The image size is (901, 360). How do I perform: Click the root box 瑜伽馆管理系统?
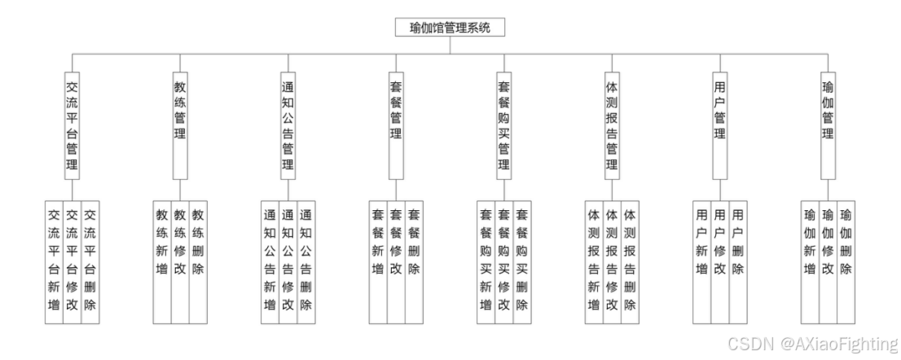pos(450,28)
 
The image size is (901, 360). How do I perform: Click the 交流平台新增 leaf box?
pos(55,261)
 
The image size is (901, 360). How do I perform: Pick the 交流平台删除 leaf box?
pos(90,261)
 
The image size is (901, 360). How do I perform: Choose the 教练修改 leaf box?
pos(180,261)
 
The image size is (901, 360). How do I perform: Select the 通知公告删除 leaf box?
pos(306,261)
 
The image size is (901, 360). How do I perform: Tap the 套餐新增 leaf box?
pos(378,261)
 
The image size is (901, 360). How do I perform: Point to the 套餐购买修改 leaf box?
pos(504,261)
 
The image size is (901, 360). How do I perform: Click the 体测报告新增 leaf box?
pos(594,261)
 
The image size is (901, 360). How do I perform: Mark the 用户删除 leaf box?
pos(738,261)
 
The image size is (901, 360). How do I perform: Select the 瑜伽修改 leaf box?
pos(828,261)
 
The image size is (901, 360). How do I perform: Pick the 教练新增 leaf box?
pos(162,261)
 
